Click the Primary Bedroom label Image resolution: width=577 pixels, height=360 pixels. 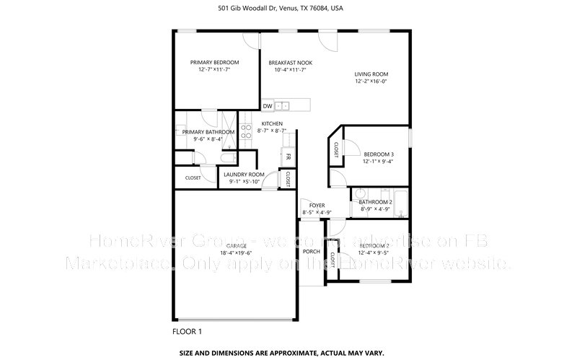click(x=214, y=63)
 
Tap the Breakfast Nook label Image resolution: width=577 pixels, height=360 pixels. click(x=286, y=63)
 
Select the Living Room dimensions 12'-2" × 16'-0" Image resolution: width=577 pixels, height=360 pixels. click(x=371, y=82)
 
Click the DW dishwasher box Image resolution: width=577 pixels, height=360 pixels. click(x=268, y=106)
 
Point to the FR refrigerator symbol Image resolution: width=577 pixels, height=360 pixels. click(x=288, y=157)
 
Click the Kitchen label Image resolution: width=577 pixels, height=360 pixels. click(x=272, y=124)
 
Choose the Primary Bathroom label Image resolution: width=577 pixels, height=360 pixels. click(x=208, y=132)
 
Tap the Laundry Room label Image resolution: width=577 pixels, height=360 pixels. click(x=244, y=175)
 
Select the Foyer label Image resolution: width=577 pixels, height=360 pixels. click(x=317, y=206)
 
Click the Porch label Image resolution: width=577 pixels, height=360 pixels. click(x=312, y=251)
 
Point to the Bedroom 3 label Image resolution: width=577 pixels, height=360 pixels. click(x=379, y=154)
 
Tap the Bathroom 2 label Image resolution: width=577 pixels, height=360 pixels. click(x=375, y=202)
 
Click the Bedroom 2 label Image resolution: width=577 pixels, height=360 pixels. click(x=374, y=246)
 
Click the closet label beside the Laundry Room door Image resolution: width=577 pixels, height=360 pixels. click(x=288, y=177)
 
